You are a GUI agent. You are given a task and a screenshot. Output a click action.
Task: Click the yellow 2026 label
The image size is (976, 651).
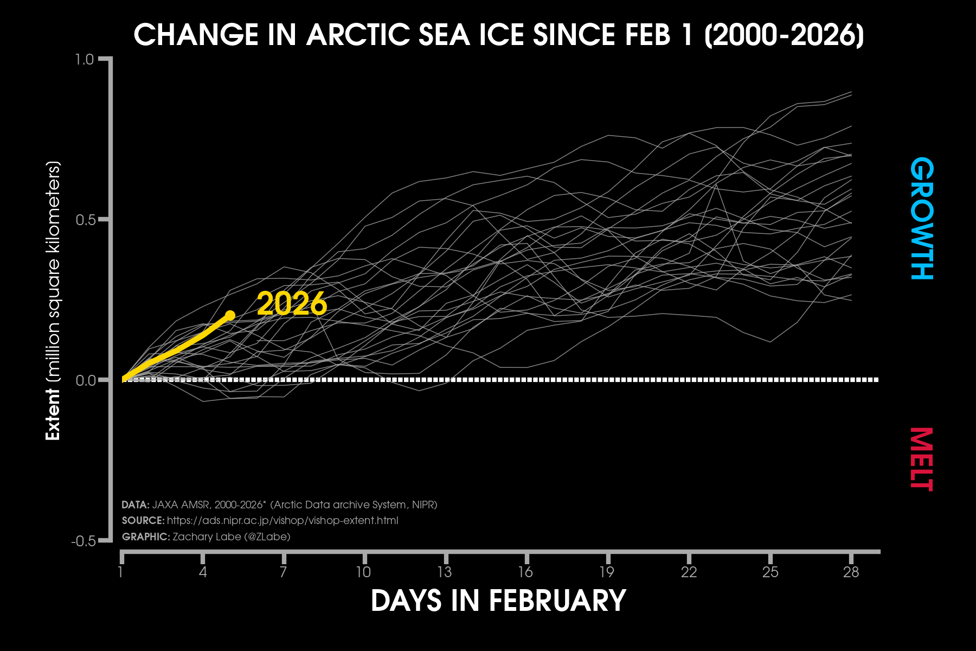292,304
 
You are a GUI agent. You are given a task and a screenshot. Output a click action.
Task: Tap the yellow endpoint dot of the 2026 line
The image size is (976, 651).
230,315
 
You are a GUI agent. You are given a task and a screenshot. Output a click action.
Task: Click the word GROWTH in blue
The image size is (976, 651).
922,219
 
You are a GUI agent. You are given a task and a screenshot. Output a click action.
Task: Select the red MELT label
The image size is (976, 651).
922,459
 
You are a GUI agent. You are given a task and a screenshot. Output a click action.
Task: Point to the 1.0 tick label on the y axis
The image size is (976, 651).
85,59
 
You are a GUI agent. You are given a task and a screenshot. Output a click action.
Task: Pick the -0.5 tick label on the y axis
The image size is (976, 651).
84,541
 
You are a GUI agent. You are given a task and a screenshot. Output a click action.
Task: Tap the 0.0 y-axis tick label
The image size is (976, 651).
86,380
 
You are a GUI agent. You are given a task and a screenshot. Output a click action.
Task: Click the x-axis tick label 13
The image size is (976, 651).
445,572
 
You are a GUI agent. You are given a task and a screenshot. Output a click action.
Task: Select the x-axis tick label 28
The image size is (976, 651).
851,572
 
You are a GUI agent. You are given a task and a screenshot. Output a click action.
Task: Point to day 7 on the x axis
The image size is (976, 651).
283,572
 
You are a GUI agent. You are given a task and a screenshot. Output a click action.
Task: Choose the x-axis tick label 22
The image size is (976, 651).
689,572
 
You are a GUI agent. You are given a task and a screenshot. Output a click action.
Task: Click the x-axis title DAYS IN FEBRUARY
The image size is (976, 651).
498,601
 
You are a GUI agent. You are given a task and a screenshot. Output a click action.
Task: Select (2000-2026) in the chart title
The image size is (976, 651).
784,35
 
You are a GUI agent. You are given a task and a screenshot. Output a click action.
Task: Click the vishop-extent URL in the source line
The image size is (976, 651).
282,520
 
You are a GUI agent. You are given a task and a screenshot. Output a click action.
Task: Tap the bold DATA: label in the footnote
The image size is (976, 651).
135,505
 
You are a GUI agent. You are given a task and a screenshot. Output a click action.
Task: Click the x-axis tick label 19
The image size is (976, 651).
607,572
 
